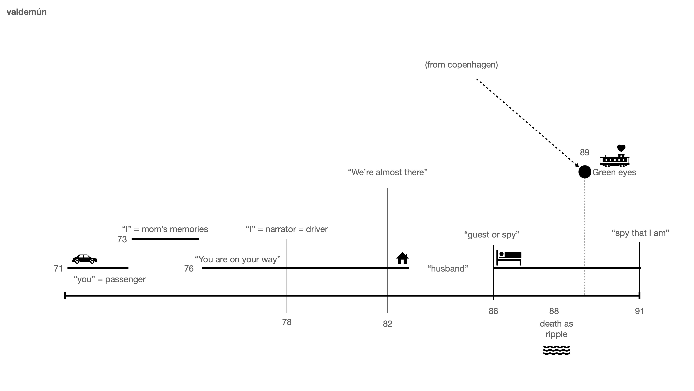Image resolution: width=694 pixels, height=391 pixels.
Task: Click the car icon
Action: [85, 259]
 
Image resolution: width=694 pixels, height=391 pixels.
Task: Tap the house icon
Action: [402, 258]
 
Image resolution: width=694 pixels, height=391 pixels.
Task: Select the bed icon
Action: [509, 258]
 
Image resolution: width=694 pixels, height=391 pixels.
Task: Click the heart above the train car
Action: [621, 148]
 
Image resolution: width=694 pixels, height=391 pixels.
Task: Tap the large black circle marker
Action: [585, 172]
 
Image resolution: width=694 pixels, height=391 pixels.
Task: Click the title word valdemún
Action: [26, 12]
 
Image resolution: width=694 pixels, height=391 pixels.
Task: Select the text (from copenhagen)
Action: [461, 65]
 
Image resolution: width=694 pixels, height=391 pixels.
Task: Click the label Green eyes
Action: [614, 173]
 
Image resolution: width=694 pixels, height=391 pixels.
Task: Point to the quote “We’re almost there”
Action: [388, 173]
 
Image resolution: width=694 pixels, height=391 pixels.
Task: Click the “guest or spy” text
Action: [492, 235]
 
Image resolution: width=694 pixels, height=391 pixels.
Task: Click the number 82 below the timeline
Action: [387, 324]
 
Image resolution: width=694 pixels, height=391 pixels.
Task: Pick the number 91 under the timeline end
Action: [639, 311]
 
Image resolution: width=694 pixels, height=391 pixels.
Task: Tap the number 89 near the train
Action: [584, 152]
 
